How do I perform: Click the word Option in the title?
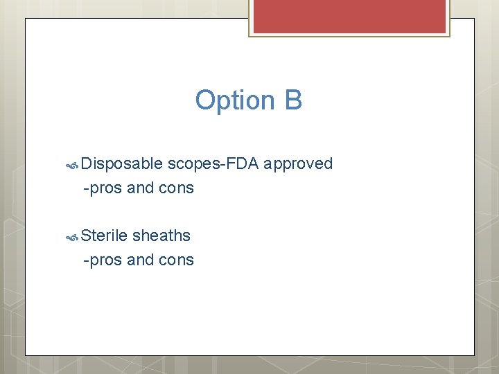(x=235, y=100)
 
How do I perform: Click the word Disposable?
(x=122, y=164)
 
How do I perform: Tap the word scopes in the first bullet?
(x=191, y=164)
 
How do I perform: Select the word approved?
(x=299, y=164)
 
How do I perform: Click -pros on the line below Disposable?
(x=103, y=188)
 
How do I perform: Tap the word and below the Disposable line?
(x=141, y=188)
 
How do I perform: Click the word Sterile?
(x=104, y=235)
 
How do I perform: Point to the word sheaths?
(x=161, y=235)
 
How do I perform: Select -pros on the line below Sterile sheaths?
(x=103, y=260)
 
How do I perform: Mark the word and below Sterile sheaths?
(x=141, y=260)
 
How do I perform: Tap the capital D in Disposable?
(x=85, y=164)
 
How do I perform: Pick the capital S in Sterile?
(x=85, y=235)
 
